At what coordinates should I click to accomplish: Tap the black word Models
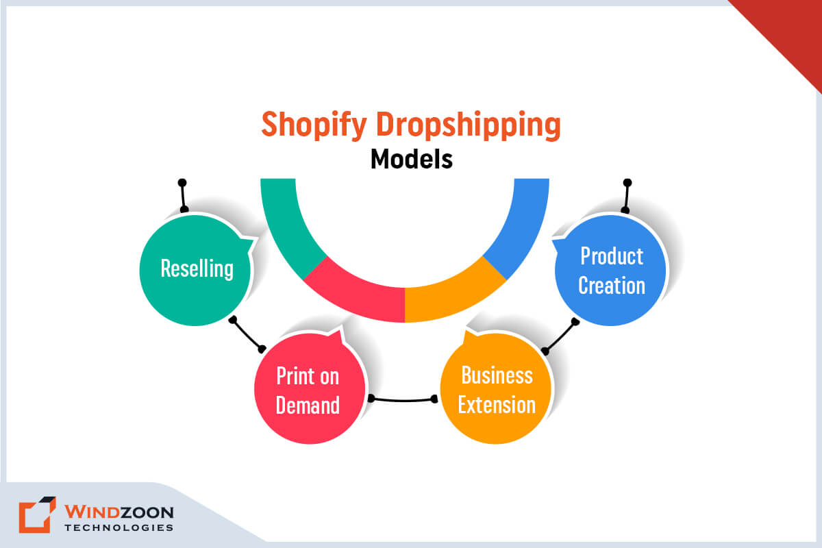(411, 159)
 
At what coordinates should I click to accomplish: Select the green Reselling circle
(196, 269)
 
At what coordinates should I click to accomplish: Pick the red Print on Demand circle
(308, 390)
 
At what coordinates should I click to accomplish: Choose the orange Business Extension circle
(497, 390)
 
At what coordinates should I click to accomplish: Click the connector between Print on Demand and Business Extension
(403, 399)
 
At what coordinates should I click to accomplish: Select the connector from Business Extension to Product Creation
(560, 336)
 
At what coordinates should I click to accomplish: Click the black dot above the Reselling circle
(182, 183)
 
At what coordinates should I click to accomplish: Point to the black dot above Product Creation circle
(627, 183)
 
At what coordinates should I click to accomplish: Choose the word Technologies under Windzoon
(118, 527)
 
